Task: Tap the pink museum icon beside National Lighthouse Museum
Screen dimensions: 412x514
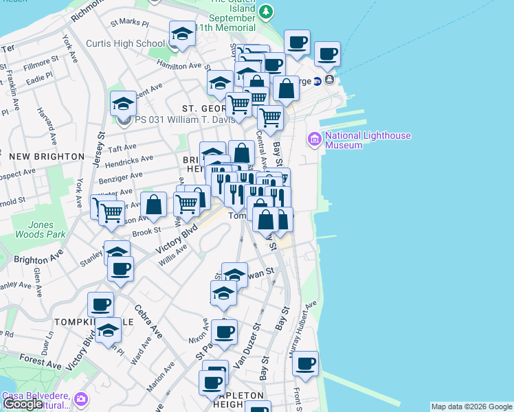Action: [x=315, y=139]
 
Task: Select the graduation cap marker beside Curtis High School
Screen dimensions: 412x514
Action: [x=182, y=34]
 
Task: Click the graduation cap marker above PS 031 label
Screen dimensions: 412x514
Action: [x=123, y=104]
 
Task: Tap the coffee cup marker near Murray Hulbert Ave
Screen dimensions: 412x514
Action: [x=306, y=364]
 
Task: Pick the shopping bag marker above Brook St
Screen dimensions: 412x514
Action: [x=154, y=205]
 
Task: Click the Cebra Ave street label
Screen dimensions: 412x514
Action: [x=148, y=321]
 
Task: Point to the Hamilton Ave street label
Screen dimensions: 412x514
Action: [x=182, y=66]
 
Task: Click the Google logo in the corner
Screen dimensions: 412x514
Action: [x=23, y=404]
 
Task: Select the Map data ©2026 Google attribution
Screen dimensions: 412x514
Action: [x=471, y=407]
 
